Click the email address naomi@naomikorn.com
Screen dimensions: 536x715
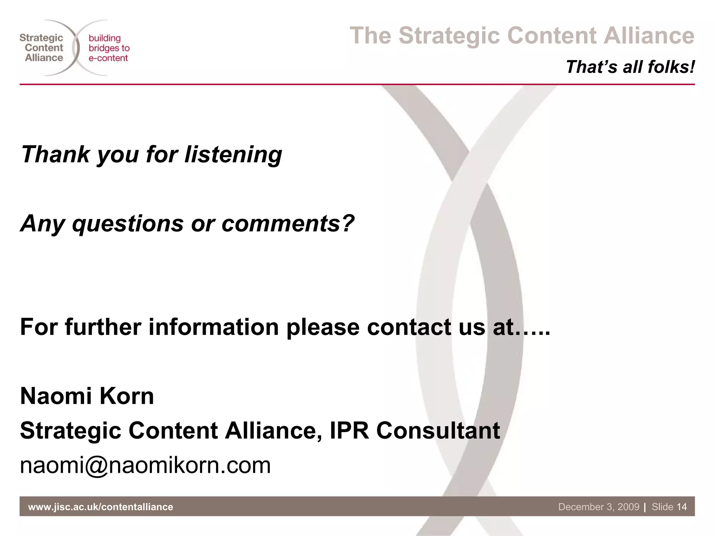click(145, 465)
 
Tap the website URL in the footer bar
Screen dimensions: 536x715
click(101, 507)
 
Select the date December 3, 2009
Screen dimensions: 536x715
click(598, 507)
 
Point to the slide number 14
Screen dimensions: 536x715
click(681, 507)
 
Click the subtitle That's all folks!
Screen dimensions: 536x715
click(630, 67)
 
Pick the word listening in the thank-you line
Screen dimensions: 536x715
click(233, 154)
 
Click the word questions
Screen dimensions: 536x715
click(127, 223)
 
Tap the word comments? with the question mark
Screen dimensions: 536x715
click(288, 223)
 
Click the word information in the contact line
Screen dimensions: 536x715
click(214, 327)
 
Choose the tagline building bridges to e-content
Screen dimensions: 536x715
click(109, 48)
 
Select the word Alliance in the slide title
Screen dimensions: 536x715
click(649, 36)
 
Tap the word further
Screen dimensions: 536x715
click(103, 327)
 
